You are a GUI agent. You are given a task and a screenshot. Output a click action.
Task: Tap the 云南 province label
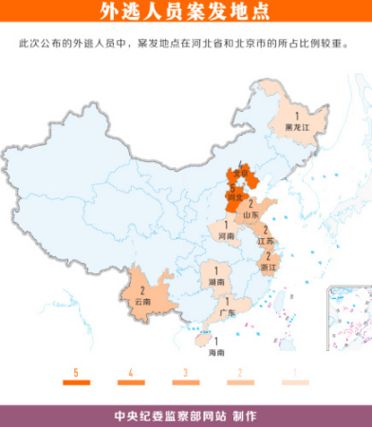coord(143,301)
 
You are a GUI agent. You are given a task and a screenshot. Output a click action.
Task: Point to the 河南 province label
coord(227,234)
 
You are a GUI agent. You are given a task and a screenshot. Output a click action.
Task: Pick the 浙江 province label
coord(268,268)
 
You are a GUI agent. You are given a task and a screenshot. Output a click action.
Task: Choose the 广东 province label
coord(227,311)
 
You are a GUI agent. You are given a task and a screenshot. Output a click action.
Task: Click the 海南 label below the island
coord(217,352)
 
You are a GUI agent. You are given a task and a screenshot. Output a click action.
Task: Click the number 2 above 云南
coord(142,289)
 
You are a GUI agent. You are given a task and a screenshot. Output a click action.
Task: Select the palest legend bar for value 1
coord(295,382)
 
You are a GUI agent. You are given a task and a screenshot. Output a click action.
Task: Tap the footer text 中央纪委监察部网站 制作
coord(185,416)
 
